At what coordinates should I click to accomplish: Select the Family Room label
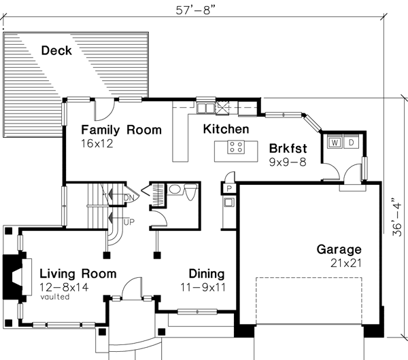click(x=121, y=130)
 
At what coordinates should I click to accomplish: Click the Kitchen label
click(x=226, y=128)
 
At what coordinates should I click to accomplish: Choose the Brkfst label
click(x=289, y=148)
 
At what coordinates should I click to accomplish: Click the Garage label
click(x=339, y=249)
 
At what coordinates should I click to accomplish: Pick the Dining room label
click(x=207, y=274)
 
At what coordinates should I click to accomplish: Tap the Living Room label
click(x=77, y=274)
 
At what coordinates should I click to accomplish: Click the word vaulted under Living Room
click(x=54, y=297)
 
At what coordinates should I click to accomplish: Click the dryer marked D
click(x=351, y=143)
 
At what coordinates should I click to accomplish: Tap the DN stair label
click(x=131, y=197)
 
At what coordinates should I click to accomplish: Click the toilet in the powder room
click(x=175, y=191)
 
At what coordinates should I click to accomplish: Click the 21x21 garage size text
click(x=339, y=264)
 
